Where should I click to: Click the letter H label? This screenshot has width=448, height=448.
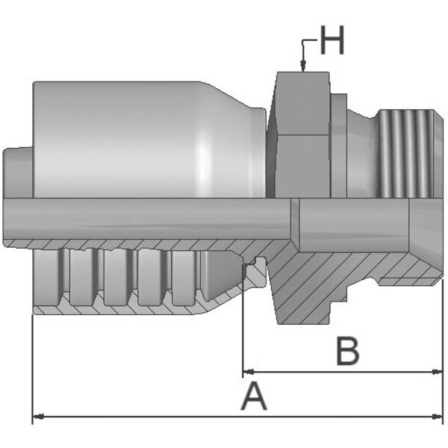pos(332,40)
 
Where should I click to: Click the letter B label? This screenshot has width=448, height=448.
pos(348,351)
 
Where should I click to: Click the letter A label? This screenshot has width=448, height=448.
pos(254,397)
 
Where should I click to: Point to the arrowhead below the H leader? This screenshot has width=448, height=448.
pos(303,66)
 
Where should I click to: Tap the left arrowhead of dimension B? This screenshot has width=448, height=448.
pos(249,372)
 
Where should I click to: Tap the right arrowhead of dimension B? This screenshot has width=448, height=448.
pos(437,372)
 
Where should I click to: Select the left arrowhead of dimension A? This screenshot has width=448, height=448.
pos(38,417)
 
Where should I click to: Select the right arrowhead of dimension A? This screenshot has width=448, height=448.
pos(437,417)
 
